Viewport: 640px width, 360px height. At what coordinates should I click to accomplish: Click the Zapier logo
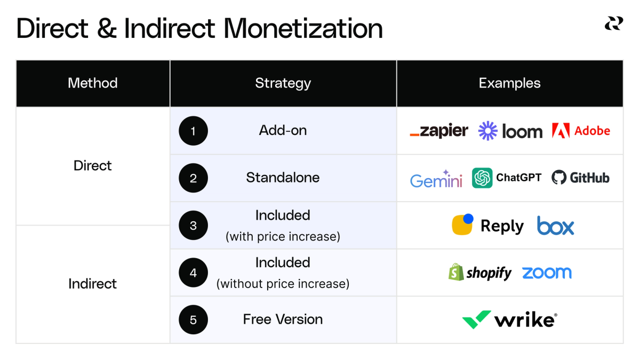coord(439,131)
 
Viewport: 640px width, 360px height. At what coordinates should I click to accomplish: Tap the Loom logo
coord(510,131)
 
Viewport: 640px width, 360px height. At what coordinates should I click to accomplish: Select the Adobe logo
coord(581,131)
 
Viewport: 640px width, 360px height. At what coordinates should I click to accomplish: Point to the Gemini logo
coord(436,179)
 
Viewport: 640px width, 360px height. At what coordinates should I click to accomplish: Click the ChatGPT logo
coord(507,178)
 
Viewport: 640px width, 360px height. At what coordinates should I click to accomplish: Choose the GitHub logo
coord(580,178)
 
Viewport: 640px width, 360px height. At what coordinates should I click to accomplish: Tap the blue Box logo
coord(555,226)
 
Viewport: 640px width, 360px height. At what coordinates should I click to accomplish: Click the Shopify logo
coord(480,273)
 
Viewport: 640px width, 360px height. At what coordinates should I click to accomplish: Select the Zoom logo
coord(547,273)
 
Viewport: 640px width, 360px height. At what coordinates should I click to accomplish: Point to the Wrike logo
coord(509,320)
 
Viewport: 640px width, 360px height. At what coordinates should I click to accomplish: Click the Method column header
coord(93,83)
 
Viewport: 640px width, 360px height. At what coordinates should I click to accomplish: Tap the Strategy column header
coord(283,83)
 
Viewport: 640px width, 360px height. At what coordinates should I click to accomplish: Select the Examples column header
coord(509,83)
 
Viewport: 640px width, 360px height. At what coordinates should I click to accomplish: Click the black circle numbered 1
coord(193,131)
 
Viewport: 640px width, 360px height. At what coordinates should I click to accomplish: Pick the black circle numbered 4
coord(193,273)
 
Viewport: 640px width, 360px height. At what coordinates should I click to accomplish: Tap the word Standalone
coord(283,178)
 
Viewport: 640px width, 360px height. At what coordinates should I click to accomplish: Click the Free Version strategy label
coord(283,319)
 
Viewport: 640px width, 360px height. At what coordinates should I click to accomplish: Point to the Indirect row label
coord(92,284)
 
